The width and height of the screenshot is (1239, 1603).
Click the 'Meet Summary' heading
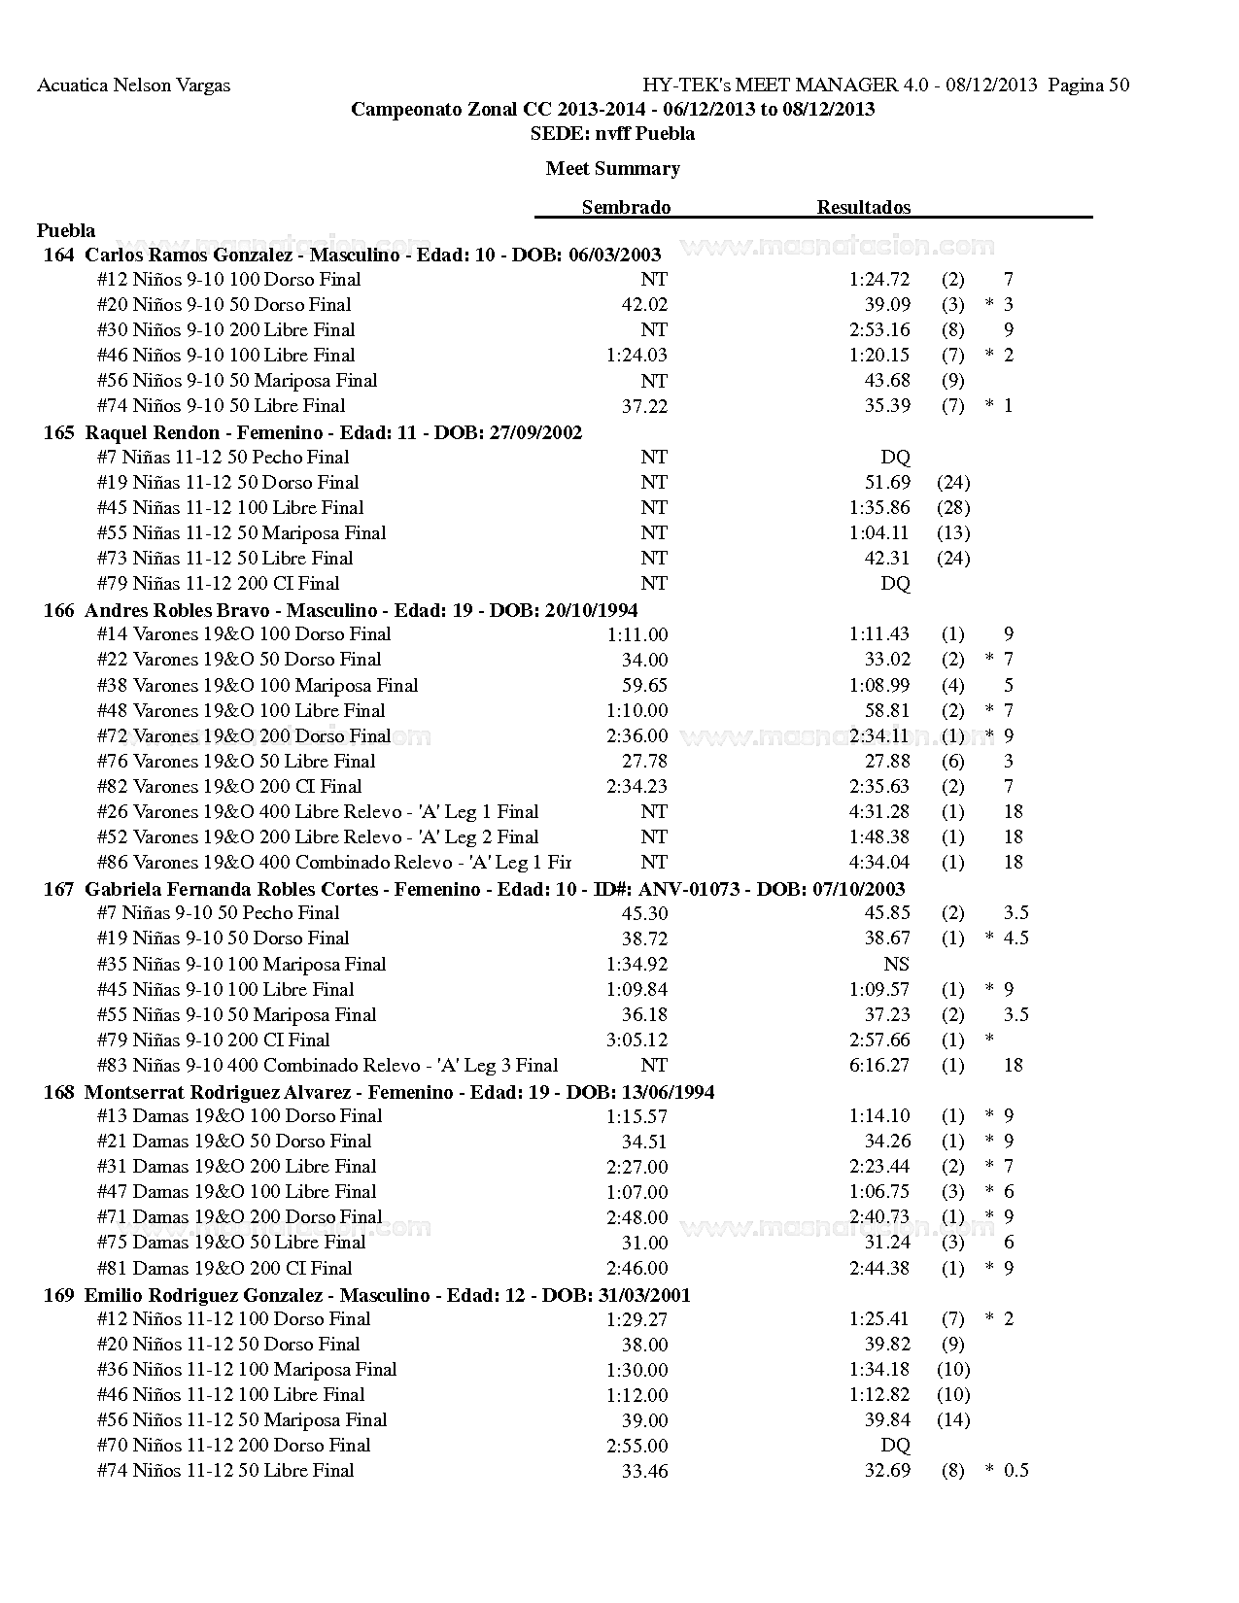[612, 169]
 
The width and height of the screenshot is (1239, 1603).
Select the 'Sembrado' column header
[626, 207]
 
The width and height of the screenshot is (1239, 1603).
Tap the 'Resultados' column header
[863, 207]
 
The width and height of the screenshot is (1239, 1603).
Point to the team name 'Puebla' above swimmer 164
[66, 230]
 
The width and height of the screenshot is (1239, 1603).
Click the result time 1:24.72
[878, 280]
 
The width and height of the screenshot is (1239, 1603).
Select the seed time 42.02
[644, 305]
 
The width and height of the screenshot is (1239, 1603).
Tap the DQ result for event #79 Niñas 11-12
[895, 584]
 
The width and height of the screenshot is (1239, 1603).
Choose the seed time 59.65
[644, 686]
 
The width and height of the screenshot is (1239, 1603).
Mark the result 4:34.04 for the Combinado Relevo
[878, 863]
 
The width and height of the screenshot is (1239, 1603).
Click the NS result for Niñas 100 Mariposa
[896, 965]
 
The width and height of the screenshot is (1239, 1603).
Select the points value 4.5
[1015, 938]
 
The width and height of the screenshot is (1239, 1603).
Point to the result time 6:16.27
[878, 1066]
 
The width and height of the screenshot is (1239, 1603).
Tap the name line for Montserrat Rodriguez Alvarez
[379, 1092]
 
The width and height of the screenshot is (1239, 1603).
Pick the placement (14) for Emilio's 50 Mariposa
[952, 1420]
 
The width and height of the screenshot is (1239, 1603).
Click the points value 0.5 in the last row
[1015, 1471]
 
